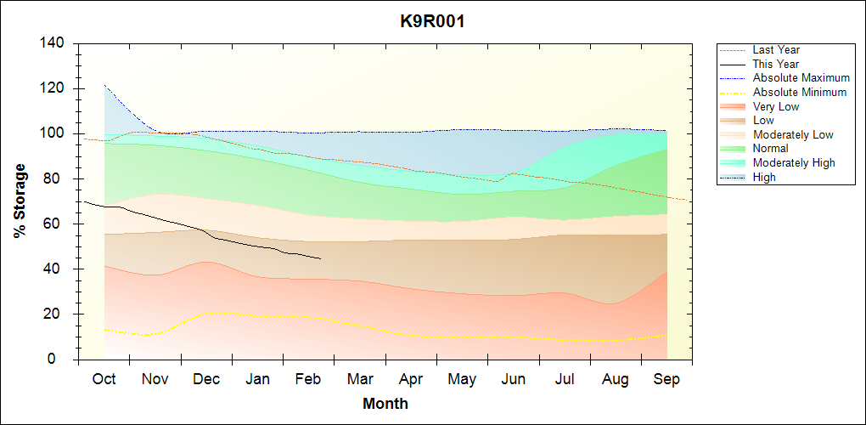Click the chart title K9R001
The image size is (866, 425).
click(432, 21)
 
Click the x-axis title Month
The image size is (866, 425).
click(385, 404)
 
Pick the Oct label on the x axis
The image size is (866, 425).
click(104, 379)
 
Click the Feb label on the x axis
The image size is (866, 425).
click(308, 379)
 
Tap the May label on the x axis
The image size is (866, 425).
click(462, 379)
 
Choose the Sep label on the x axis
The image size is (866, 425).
click(666, 379)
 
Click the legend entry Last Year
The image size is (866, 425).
click(776, 50)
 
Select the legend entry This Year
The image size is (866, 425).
click(776, 64)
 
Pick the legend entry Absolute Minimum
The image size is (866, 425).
click(800, 93)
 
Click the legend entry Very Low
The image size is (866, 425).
click(776, 107)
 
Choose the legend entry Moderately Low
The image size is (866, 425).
click(793, 135)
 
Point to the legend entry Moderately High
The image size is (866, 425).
click(794, 163)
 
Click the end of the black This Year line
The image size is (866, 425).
click(320, 258)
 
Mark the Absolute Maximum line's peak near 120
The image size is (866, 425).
click(104, 86)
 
